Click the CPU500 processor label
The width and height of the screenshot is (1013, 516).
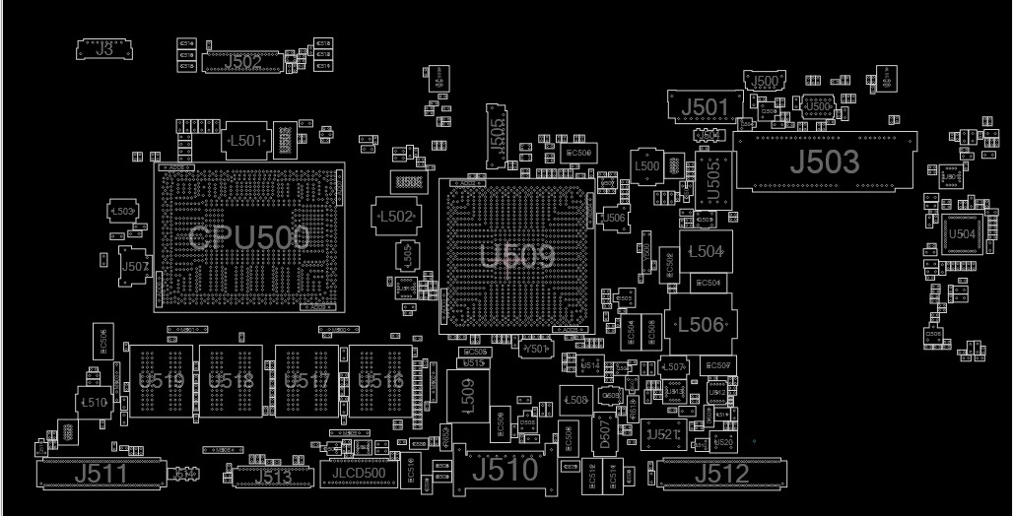click(x=248, y=237)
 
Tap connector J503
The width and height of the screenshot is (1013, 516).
click(x=825, y=161)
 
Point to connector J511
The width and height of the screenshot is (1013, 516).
click(x=101, y=474)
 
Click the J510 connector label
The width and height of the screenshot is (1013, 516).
click(x=505, y=471)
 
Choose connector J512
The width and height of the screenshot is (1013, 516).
click(x=721, y=474)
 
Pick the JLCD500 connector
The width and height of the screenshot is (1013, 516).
click(x=359, y=474)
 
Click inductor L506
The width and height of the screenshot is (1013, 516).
click(x=702, y=325)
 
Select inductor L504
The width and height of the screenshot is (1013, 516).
click(x=706, y=252)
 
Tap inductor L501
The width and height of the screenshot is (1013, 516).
click(x=246, y=141)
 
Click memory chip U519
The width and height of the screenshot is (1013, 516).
click(x=161, y=381)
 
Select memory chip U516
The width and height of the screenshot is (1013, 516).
click(x=380, y=381)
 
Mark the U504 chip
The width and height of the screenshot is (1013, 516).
click(x=962, y=234)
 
